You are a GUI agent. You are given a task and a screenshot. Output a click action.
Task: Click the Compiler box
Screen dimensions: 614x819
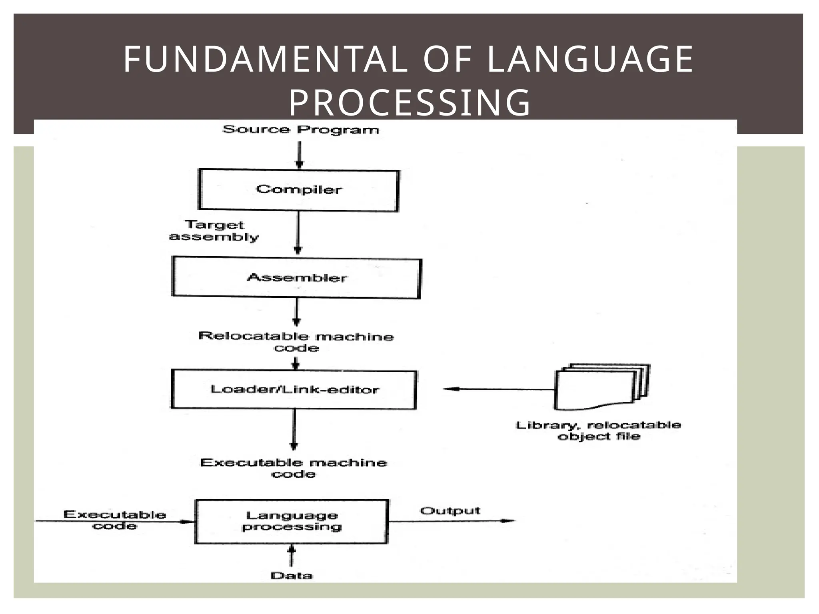(x=299, y=190)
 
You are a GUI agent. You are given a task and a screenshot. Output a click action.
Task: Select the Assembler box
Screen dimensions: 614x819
(x=296, y=278)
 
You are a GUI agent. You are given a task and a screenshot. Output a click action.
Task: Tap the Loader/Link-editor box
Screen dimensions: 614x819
(x=294, y=390)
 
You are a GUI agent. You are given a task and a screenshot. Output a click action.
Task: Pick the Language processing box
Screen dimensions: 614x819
(x=292, y=521)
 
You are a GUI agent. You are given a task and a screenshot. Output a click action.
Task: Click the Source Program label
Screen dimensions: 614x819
(x=300, y=130)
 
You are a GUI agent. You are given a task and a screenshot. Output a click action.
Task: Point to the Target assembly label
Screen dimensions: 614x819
(x=214, y=231)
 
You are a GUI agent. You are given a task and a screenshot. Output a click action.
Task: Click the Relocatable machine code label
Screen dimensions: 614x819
(x=296, y=342)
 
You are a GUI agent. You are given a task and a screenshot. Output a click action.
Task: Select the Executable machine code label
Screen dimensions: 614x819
(x=294, y=468)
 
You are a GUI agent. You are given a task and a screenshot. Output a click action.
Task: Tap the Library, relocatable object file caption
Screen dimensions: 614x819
(x=599, y=431)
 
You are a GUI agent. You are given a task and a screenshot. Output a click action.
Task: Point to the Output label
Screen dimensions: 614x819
(x=450, y=511)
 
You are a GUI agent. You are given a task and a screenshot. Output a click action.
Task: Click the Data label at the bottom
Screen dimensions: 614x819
(x=292, y=576)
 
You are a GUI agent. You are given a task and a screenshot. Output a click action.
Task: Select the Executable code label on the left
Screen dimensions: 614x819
(x=115, y=520)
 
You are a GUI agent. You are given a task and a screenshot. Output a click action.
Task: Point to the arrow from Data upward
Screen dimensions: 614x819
(x=292, y=556)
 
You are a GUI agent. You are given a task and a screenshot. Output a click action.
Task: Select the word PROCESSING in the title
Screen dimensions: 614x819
(x=409, y=103)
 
